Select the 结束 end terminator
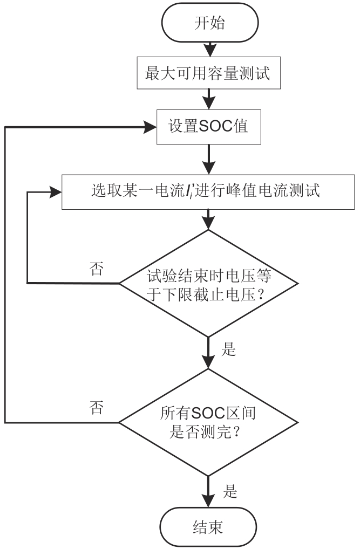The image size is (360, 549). pos(208,526)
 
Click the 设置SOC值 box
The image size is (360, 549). pos(208,127)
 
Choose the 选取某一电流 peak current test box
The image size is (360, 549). pos(208,191)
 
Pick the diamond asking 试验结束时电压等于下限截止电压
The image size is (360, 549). pos(208,283)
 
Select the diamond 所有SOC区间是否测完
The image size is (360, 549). pos(208,422)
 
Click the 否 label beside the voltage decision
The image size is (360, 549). pos(97,269)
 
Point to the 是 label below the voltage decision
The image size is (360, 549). pos(229,349)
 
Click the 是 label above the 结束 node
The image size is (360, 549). pos(229,491)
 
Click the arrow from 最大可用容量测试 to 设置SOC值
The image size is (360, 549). pos(208,99)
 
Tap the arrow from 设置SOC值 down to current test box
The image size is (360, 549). pos(208,159)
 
